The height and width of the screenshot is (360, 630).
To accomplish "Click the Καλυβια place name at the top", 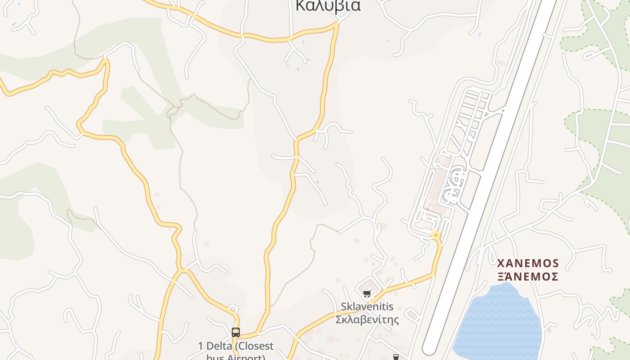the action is (328, 5).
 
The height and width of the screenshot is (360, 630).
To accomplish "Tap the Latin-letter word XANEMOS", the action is (528, 263).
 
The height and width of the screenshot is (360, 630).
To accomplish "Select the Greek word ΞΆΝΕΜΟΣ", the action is (528, 276).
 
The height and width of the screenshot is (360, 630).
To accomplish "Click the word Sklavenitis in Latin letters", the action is (367, 307).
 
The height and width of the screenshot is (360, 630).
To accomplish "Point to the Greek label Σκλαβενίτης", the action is (367, 319).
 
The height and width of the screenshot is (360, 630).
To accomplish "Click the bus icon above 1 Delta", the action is (236, 333).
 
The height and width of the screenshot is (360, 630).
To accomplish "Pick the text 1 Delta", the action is (214, 346).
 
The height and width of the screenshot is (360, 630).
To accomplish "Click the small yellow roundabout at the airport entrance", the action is (435, 234).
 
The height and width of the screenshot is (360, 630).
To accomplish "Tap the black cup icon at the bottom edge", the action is (396, 357).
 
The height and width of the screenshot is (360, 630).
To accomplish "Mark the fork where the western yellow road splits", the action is (182, 271).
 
